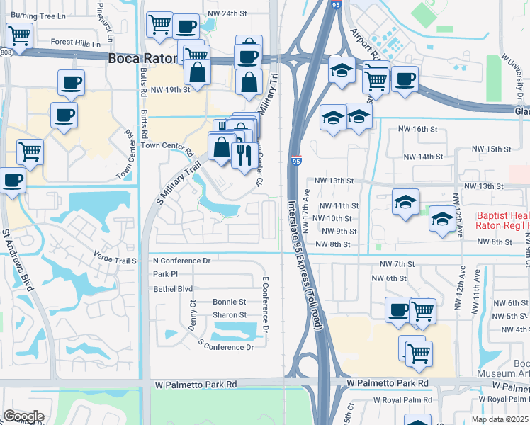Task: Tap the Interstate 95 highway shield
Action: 296,161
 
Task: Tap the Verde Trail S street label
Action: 114,261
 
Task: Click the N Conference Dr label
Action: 182,261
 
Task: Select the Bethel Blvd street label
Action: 173,289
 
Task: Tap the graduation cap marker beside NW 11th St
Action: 405,202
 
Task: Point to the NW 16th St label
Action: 415,129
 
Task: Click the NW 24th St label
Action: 227,13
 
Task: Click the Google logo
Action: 23,416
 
